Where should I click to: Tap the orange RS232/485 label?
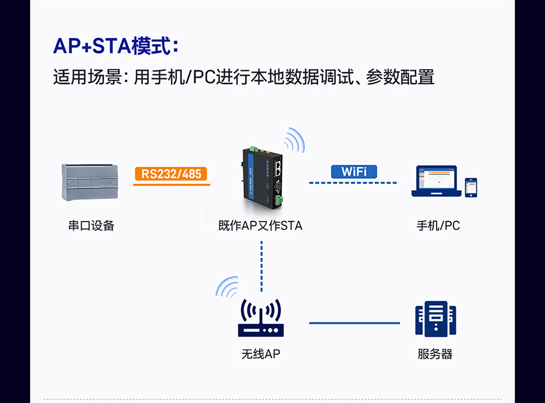click(171, 174)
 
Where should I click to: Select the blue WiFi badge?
click(354, 171)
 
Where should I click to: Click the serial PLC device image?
click(89, 182)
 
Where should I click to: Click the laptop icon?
click(434, 182)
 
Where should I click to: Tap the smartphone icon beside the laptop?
click(471, 187)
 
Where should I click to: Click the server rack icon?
click(435, 319)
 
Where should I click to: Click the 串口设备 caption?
click(91, 226)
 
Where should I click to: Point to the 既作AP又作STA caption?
click(260, 226)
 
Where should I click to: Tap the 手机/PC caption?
click(438, 226)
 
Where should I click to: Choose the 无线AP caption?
click(260, 354)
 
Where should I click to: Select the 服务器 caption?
click(435, 354)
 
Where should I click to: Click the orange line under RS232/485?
click(171, 184)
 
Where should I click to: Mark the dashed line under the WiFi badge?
click(354, 183)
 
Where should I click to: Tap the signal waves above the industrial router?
click(294, 140)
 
